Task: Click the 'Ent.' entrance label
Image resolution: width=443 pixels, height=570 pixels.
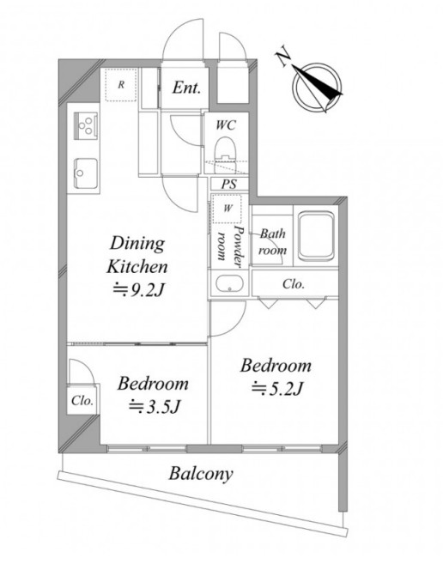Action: [x=186, y=88]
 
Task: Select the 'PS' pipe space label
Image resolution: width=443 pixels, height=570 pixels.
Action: [x=229, y=184]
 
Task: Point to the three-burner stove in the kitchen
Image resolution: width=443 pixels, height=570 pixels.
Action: [x=86, y=124]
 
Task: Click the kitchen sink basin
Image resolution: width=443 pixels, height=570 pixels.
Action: [x=86, y=173]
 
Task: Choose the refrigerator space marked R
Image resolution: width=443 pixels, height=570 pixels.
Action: [x=121, y=85]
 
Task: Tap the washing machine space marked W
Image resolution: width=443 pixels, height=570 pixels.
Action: [x=228, y=209]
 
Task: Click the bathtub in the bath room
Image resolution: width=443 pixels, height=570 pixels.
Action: [x=316, y=235]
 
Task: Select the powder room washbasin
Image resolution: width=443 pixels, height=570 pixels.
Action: [x=229, y=284]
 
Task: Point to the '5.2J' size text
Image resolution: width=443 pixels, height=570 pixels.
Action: [x=286, y=389]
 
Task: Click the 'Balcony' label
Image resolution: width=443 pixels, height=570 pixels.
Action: [x=201, y=475]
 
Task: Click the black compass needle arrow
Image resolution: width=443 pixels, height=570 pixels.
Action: [x=318, y=81]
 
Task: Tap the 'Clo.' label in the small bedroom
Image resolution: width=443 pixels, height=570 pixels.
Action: [x=82, y=401]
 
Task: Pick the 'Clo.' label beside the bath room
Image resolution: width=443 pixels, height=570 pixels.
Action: [x=294, y=284]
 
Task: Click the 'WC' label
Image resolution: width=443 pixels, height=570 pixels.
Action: [x=226, y=125]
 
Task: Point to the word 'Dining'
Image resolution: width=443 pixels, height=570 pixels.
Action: [x=137, y=245]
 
